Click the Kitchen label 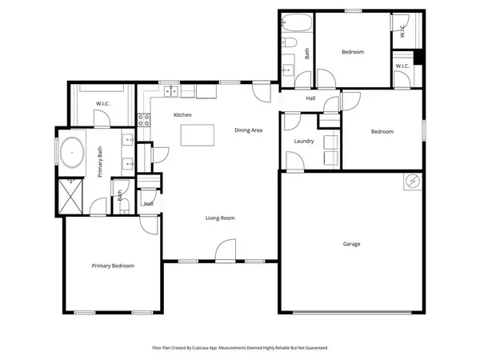point(183,115)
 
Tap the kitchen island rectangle point(198,136)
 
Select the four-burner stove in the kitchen point(145,121)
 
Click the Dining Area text point(248,130)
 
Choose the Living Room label point(220,218)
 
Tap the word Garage point(351,244)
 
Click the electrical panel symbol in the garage point(412,182)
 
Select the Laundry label point(303,142)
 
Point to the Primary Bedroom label point(113,266)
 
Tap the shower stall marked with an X point(73,195)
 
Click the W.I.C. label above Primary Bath point(102,103)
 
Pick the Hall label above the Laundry point(310,98)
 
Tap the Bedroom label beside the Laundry point(382,132)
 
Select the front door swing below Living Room point(224,254)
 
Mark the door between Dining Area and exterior point(262,90)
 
